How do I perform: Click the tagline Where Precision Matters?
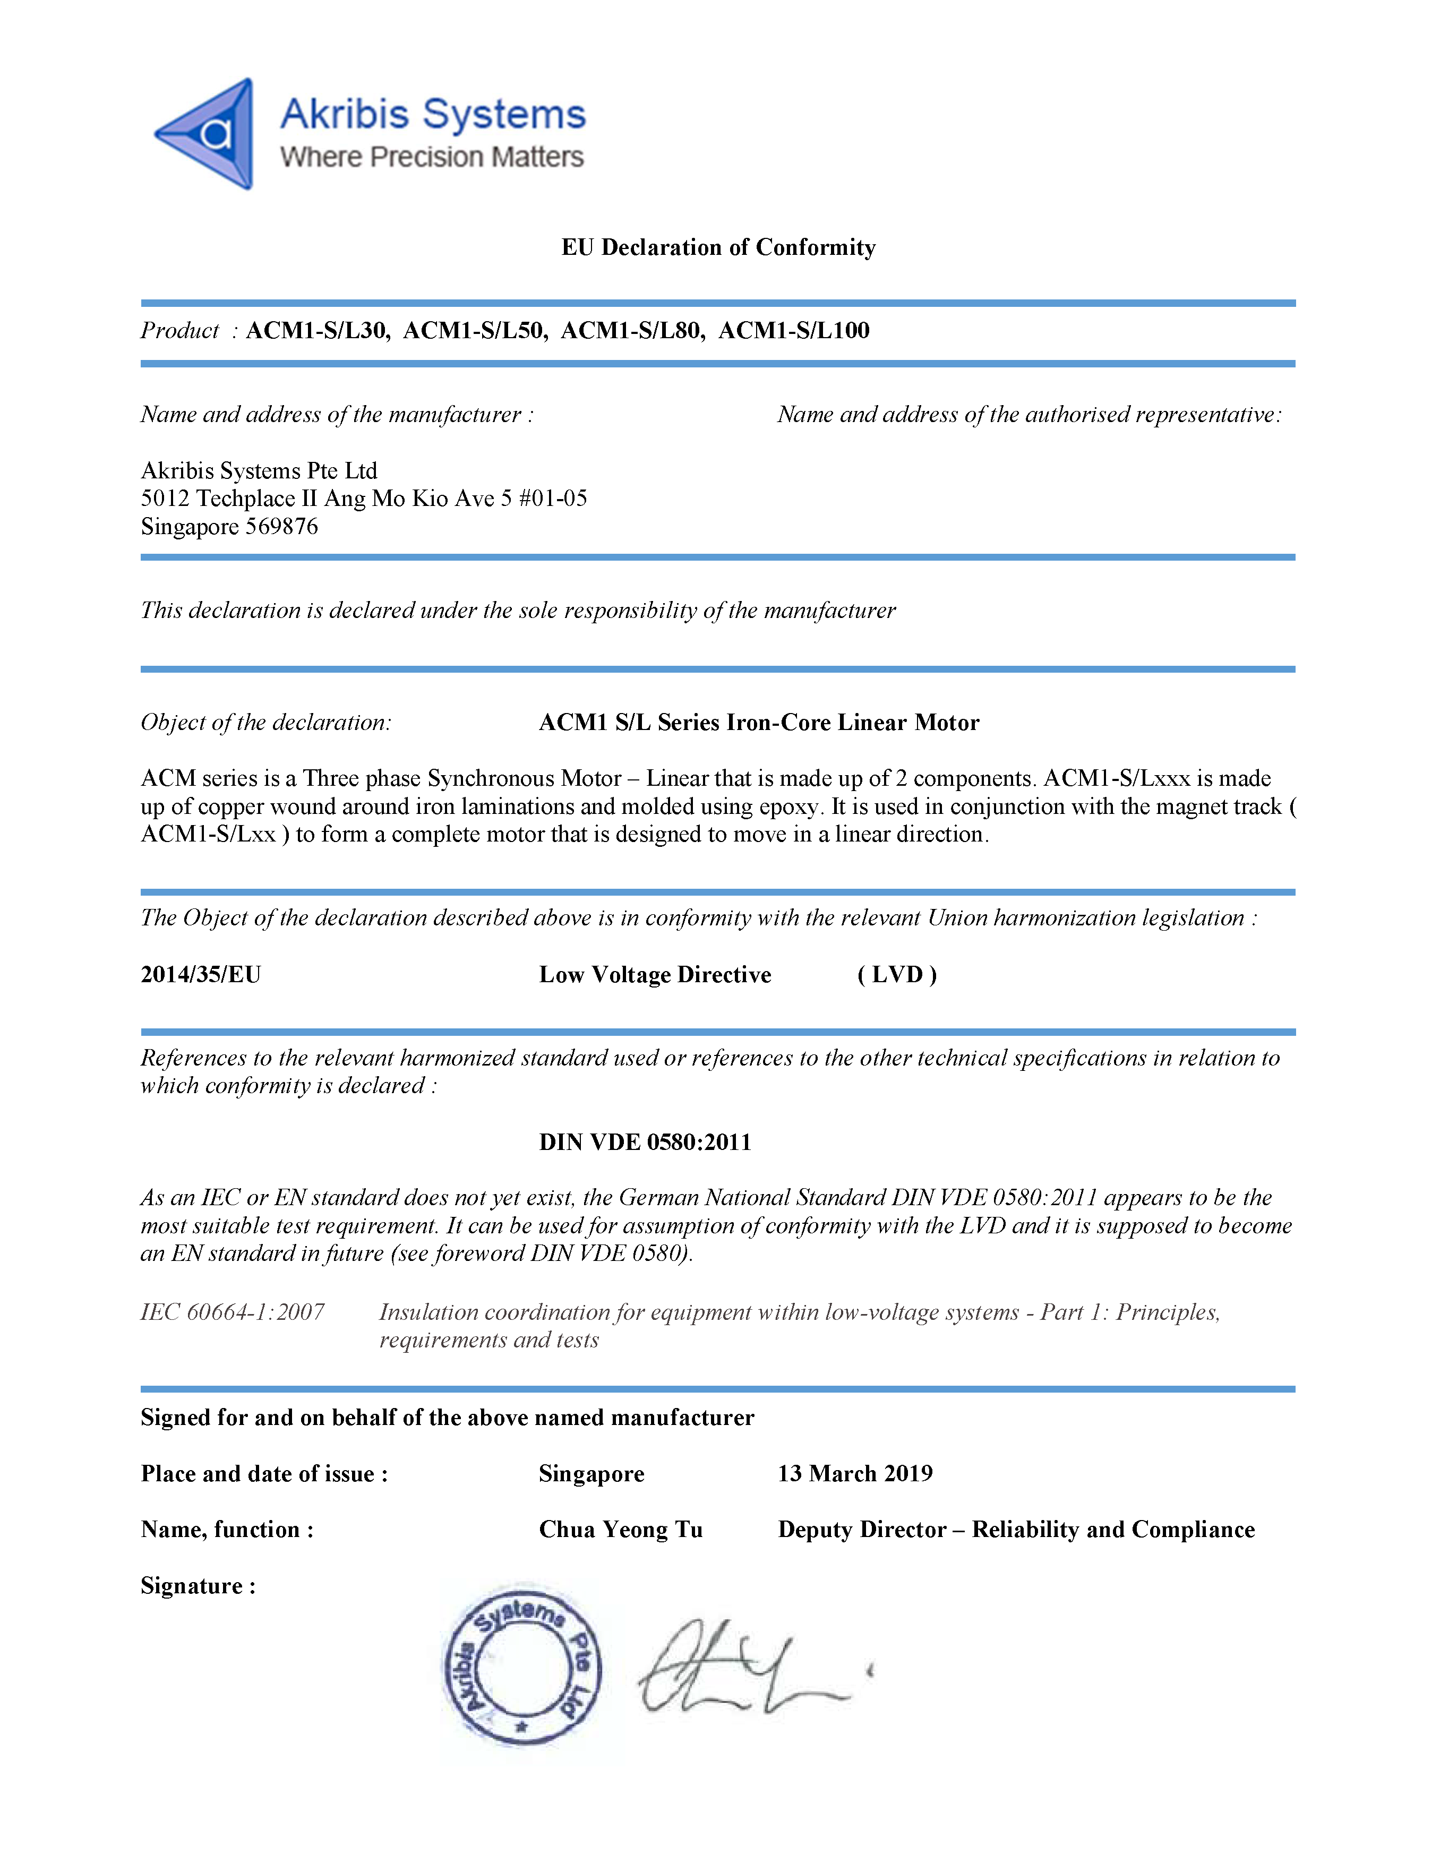(432, 157)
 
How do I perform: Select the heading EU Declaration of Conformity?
(718, 247)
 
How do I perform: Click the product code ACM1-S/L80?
(633, 330)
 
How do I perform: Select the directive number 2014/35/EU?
(201, 974)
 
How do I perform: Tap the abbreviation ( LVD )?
(897, 974)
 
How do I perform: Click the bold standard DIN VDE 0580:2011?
(645, 1142)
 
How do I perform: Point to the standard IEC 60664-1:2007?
(232, 1312)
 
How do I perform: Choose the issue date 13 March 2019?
(855, 1473)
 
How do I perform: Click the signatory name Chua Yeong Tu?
(620, 1530)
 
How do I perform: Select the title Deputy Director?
(862, 1530)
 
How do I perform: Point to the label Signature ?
(198, 1586)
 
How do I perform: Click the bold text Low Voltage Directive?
(654, 974)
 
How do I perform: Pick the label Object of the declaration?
(266, 723)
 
